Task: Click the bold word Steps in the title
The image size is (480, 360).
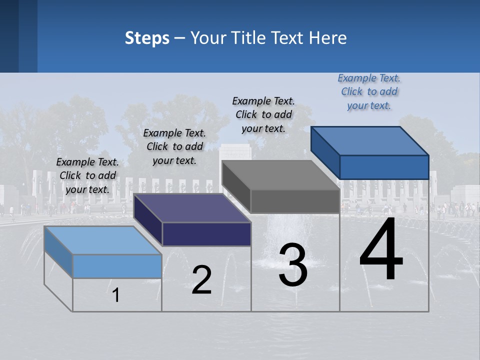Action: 147,38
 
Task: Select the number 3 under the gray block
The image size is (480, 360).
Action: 293,265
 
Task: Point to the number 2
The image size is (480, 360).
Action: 201,280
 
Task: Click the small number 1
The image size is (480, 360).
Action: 116,295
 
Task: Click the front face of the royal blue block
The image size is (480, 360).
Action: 384,167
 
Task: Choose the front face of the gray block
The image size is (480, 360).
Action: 295,201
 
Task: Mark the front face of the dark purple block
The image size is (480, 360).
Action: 206,234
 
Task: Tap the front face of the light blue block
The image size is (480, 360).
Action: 117,266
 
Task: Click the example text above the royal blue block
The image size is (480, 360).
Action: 369,92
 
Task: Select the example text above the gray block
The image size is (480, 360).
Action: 264,114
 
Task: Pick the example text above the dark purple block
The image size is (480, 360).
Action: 174,146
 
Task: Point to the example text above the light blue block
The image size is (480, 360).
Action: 87,175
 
